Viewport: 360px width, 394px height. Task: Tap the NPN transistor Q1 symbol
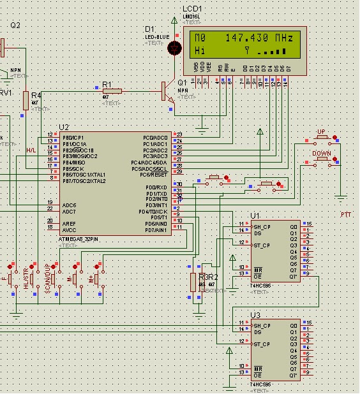point(167,92)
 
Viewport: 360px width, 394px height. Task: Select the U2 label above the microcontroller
point(63,128)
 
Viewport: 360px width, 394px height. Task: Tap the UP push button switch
point(322,136)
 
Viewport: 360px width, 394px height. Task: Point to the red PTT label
point(345,215)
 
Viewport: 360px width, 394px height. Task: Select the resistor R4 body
point(26,99)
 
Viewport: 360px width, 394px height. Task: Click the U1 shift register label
point(255,215)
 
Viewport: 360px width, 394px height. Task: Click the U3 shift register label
point(255,315)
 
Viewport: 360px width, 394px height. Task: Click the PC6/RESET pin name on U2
point(154,174)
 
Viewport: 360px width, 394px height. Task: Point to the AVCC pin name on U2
point(69,230)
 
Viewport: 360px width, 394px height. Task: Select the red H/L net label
point(30,150)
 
